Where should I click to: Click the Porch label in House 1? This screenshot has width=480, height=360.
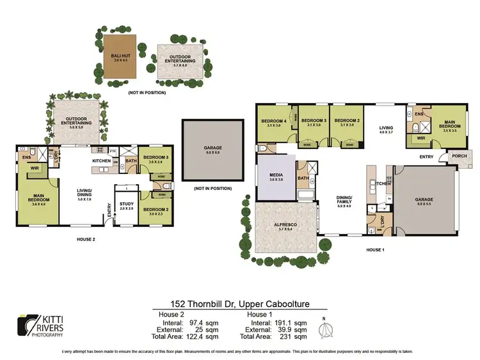pyautogui.click(x=459, y=155)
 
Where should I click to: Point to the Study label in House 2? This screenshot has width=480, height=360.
pyautogui.click(x=126, y=205)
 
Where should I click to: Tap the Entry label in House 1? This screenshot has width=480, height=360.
pyautogui.click(x=426, y=157)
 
